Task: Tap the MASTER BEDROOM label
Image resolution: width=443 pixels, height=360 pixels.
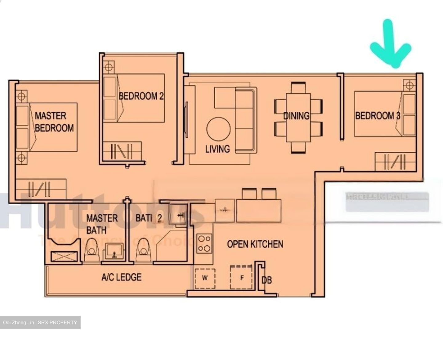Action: coord(54,122)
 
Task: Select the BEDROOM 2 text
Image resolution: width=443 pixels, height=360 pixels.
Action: coord(141,96)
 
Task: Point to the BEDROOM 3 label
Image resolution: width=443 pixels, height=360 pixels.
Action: coord(378,116)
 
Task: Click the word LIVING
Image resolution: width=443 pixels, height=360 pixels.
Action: coord(218,149)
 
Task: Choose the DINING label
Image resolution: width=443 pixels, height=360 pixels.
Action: coord(296,116)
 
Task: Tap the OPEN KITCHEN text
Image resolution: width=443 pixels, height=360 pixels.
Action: coord(255,244)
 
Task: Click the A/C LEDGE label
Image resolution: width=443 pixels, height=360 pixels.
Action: coord(122,277)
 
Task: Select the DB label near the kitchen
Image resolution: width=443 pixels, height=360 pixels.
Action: coord(266,280)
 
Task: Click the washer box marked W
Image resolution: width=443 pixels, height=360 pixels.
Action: coord(205,278)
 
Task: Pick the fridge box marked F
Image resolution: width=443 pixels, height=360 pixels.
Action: coord(242,278)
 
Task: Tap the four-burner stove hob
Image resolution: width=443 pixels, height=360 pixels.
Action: coord(204,243)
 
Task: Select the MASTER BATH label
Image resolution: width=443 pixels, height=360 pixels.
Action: coord(102,224)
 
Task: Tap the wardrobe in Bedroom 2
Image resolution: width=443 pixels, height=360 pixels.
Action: coord(122,151)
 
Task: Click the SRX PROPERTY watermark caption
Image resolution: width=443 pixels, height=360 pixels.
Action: coord(40,322)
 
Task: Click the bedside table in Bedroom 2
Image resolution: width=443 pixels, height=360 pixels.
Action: coord(109,67)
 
